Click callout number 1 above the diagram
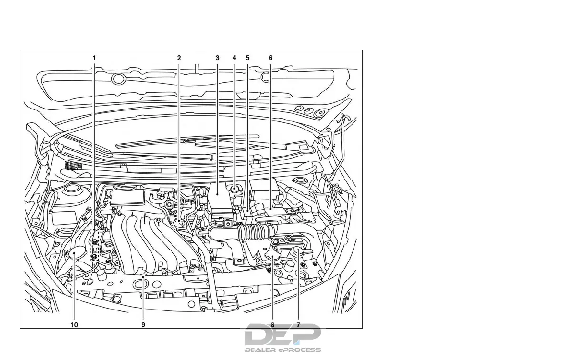coord(94,58)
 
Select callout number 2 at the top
coord(179,58)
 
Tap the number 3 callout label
coord(217,58)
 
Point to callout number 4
coord(234,58)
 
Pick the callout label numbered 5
coord(247,58)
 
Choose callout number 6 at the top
coord(270,58)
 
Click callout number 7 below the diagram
coord(298,325)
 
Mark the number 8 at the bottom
coord(273,325)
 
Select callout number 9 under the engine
coord(143,325)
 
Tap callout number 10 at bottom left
coord(74,325)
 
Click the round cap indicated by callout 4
coord(235,190)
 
